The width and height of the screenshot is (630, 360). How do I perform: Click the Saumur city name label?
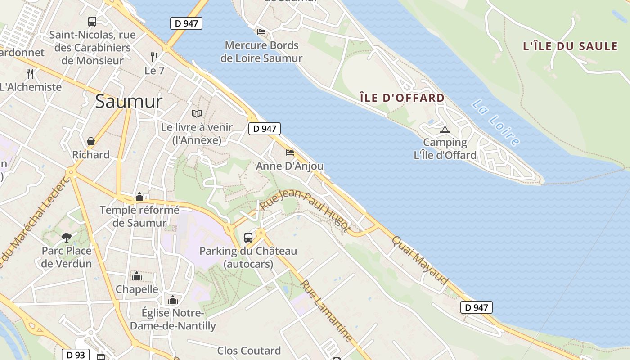(x=129, y=102)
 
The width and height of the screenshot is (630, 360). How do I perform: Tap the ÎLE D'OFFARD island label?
(x=402, y=98)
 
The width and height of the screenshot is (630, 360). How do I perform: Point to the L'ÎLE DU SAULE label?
(x=570, y=46)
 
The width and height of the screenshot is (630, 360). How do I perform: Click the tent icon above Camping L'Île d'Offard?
(x=445, y=130)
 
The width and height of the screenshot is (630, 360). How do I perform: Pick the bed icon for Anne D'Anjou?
(x=290, y=153)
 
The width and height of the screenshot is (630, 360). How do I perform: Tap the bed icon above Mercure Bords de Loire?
(x=261, y=32)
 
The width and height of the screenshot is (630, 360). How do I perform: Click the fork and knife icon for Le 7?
(x=154, y=57)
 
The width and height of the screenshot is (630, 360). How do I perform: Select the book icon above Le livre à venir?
(x=197, y=113)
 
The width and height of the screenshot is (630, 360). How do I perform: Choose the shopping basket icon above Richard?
(x=91, y=142)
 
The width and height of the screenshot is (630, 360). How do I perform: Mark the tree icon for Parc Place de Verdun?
(x=67, y=237)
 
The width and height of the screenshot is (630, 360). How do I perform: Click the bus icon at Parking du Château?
(x=248, y=237)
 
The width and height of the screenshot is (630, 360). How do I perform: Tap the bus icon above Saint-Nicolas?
(x=92, y=21)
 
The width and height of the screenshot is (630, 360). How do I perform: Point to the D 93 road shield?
(x=76, y=355)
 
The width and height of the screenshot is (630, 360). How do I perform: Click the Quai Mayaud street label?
(x=420, y=260)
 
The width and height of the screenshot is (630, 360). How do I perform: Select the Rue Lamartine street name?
(x=326, y=310)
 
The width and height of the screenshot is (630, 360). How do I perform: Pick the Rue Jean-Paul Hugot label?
(x=305, y=211)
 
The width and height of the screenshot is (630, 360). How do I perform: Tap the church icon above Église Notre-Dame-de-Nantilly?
(x=173, y=300)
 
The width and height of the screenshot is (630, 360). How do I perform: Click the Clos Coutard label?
(x=249, y=351)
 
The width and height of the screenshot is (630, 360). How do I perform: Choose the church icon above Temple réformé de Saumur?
(x=139, y=197)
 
